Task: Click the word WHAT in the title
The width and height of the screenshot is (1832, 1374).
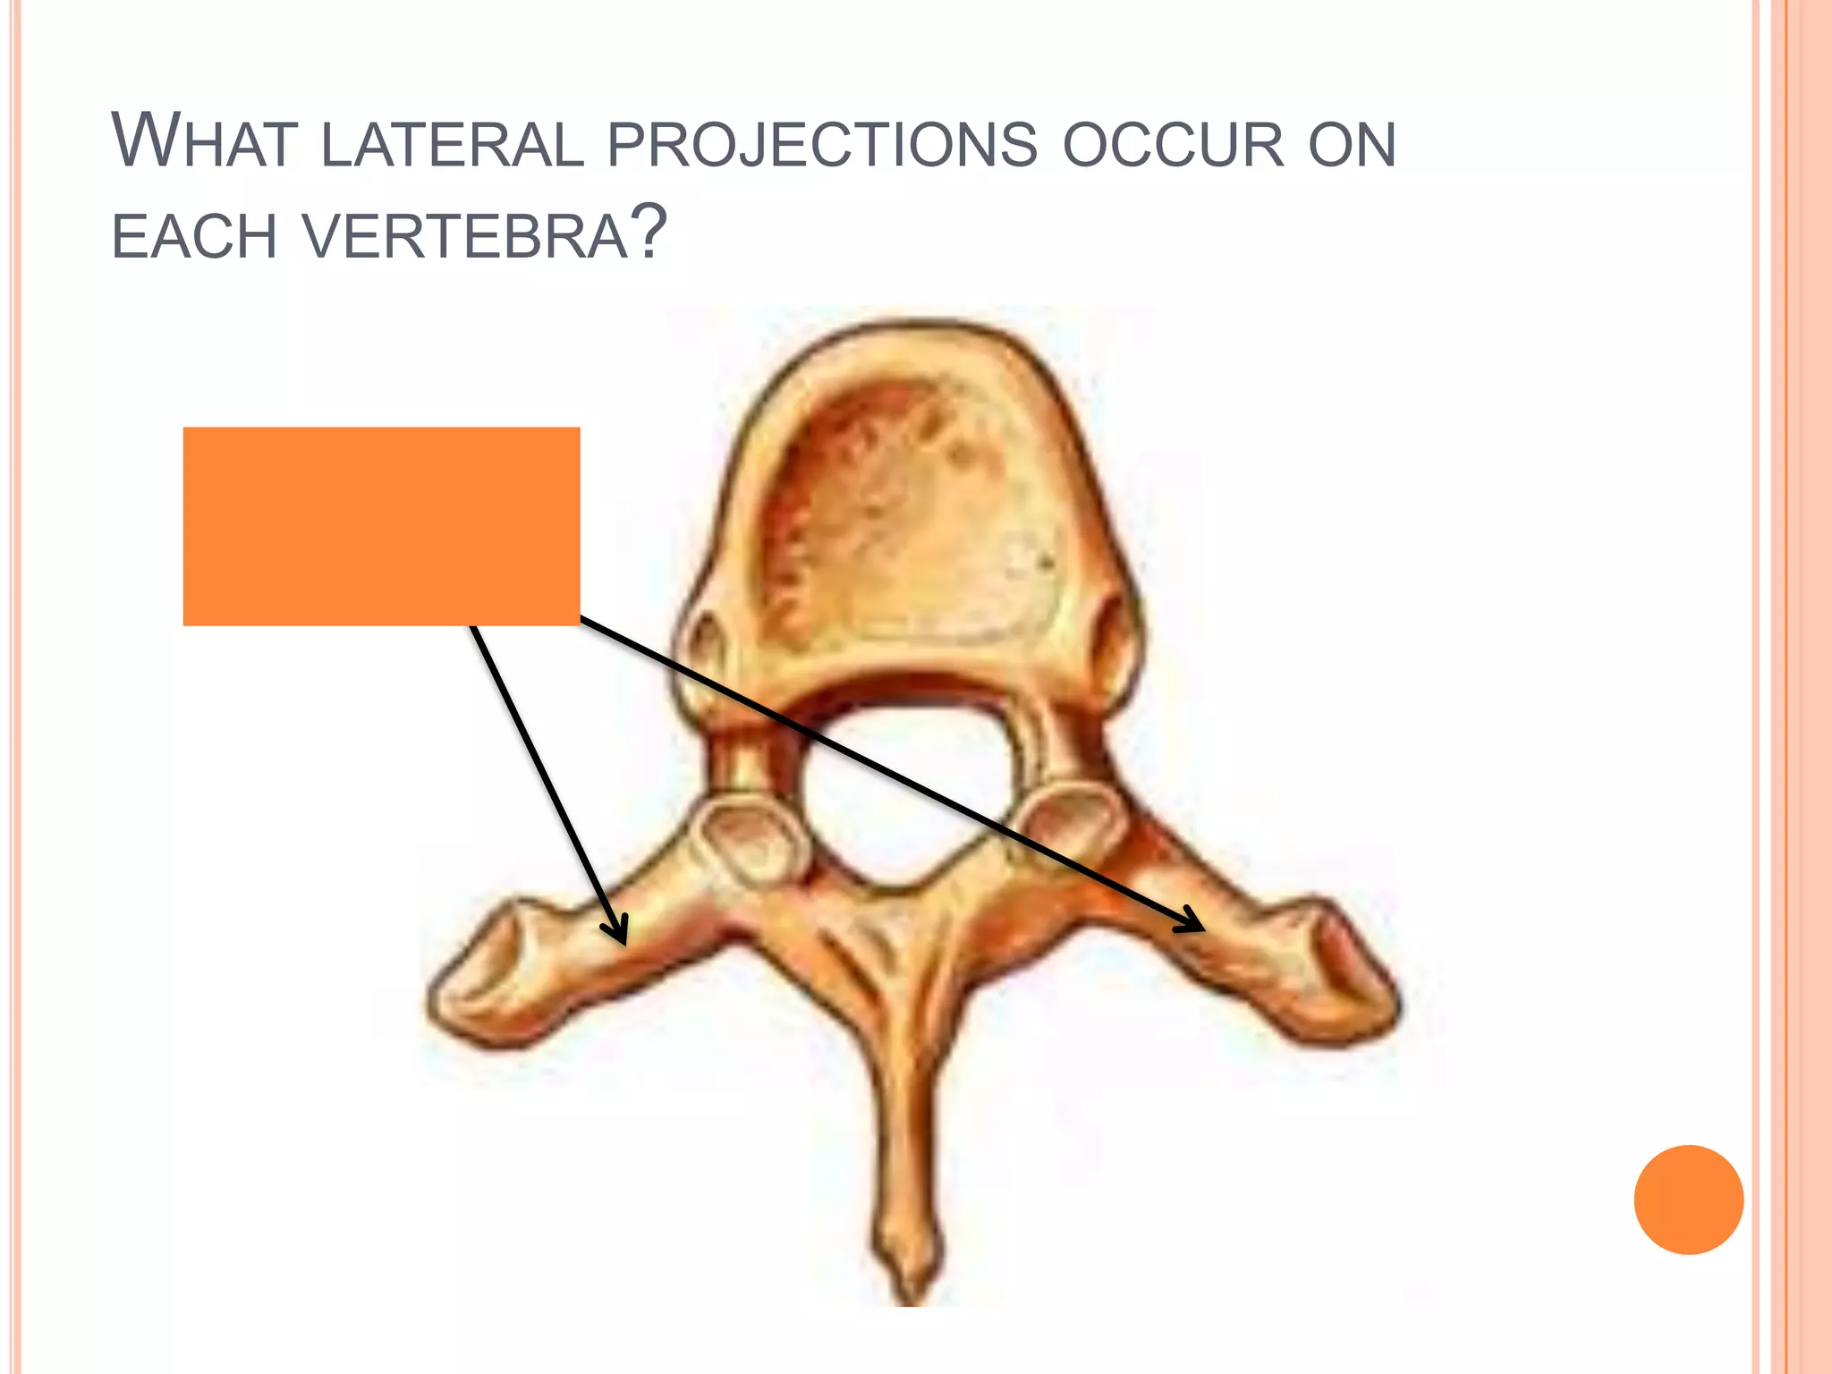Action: pos(204,141)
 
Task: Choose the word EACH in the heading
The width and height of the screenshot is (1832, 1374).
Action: pos(194,237)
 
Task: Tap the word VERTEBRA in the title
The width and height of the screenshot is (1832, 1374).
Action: pos(465,237)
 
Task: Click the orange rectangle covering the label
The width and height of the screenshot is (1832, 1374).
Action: pos(381,526)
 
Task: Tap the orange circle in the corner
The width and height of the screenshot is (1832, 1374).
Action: pos(1688,1200)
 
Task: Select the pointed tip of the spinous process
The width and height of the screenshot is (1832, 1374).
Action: pos(912,1288)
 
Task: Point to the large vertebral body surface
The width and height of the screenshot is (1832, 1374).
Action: pos(921,510)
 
